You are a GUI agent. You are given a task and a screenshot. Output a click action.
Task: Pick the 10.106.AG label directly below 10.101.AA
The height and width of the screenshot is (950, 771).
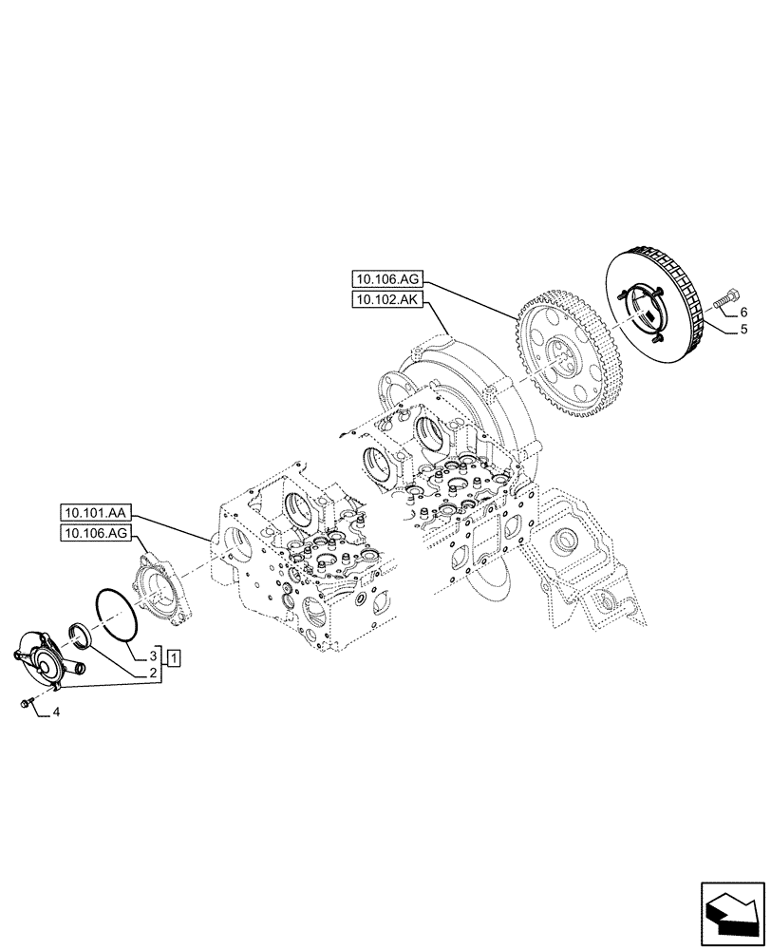pos(97,535)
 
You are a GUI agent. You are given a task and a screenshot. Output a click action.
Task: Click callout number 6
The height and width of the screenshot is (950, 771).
pos(743,313)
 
